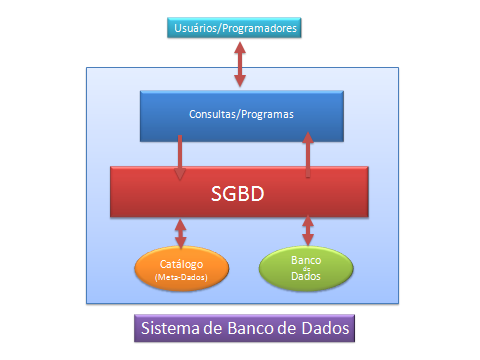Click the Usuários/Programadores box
236,28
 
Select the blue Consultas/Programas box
240,114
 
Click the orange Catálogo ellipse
181,269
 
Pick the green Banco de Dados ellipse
306,267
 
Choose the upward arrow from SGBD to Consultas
307,156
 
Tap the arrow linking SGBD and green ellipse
307,231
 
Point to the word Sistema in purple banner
169,329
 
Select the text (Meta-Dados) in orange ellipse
181,277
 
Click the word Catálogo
181,263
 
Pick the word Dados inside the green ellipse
306,277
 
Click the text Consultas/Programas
240,114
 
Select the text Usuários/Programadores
236,28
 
